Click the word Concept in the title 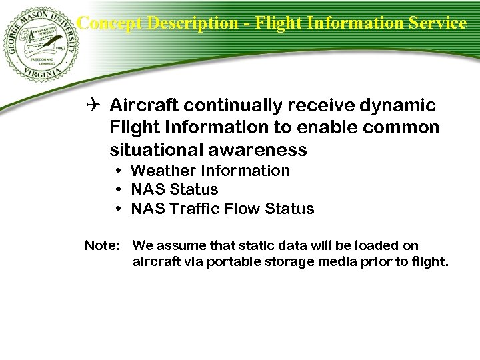pyautogui.click(x=109, y=23)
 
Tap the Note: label pyautogui.click(x=101, y=246)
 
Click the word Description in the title pyautogui.click(x=192, y=23)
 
